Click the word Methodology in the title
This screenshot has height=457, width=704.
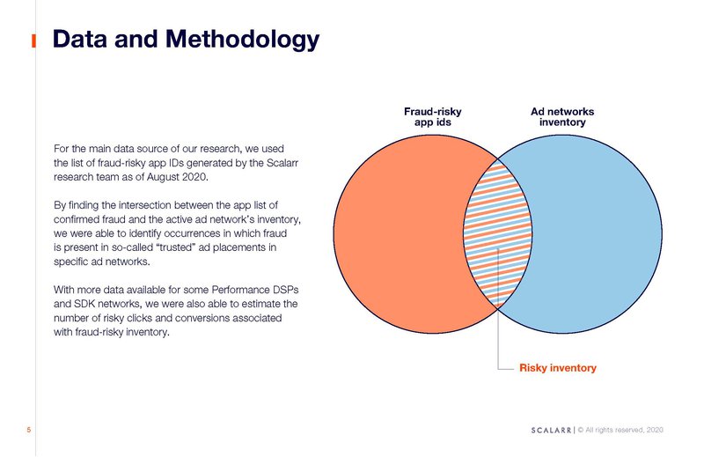(243, 40)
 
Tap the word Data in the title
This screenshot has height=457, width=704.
(80, 39)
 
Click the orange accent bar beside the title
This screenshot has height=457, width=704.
(33, 41)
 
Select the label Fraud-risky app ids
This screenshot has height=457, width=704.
(432, 117)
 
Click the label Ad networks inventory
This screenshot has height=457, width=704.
(562, 117)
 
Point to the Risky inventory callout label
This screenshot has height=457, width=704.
(558, 368)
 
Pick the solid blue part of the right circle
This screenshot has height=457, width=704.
(598, 233)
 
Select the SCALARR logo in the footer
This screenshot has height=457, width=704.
(551, 430)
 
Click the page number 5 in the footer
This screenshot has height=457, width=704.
(29, 430)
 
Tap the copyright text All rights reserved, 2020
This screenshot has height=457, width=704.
(624, 430)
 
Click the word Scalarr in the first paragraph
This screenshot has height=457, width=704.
(282, 163)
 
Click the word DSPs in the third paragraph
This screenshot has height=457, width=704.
(285, 290)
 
